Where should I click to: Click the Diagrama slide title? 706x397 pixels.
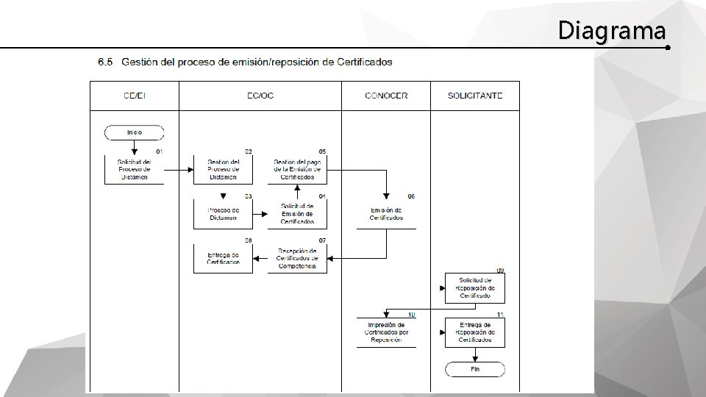click(612, 31)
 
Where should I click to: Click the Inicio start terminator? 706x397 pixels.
click(135, 132)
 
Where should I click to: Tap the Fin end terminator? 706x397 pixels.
click(475, 369)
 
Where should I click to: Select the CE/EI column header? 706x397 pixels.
click(135, 96)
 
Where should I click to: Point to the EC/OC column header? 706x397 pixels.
click(260, 96)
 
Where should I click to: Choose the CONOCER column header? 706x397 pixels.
click(386, 96)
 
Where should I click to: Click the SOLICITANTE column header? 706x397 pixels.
click(475, 96)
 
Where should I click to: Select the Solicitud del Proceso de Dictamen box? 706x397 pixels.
click(135, 169)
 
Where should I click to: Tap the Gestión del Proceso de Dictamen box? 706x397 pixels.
click(223, 169)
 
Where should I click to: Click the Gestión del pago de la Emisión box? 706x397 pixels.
click(297, 169)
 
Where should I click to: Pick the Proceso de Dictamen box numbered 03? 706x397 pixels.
click(223, 213)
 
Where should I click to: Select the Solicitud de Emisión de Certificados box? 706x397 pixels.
click(297, 213)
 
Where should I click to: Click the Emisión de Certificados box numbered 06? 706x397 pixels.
click(386, 214)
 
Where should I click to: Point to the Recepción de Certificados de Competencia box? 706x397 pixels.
click(297, 259)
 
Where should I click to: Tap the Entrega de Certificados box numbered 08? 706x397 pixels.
click(223, 259)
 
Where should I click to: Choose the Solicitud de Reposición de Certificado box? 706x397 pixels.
click(475, 288)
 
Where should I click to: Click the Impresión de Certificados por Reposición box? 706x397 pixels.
click(386, 332)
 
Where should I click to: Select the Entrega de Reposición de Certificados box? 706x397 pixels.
click(475, 332)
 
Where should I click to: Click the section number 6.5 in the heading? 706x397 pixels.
click(105, 62)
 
